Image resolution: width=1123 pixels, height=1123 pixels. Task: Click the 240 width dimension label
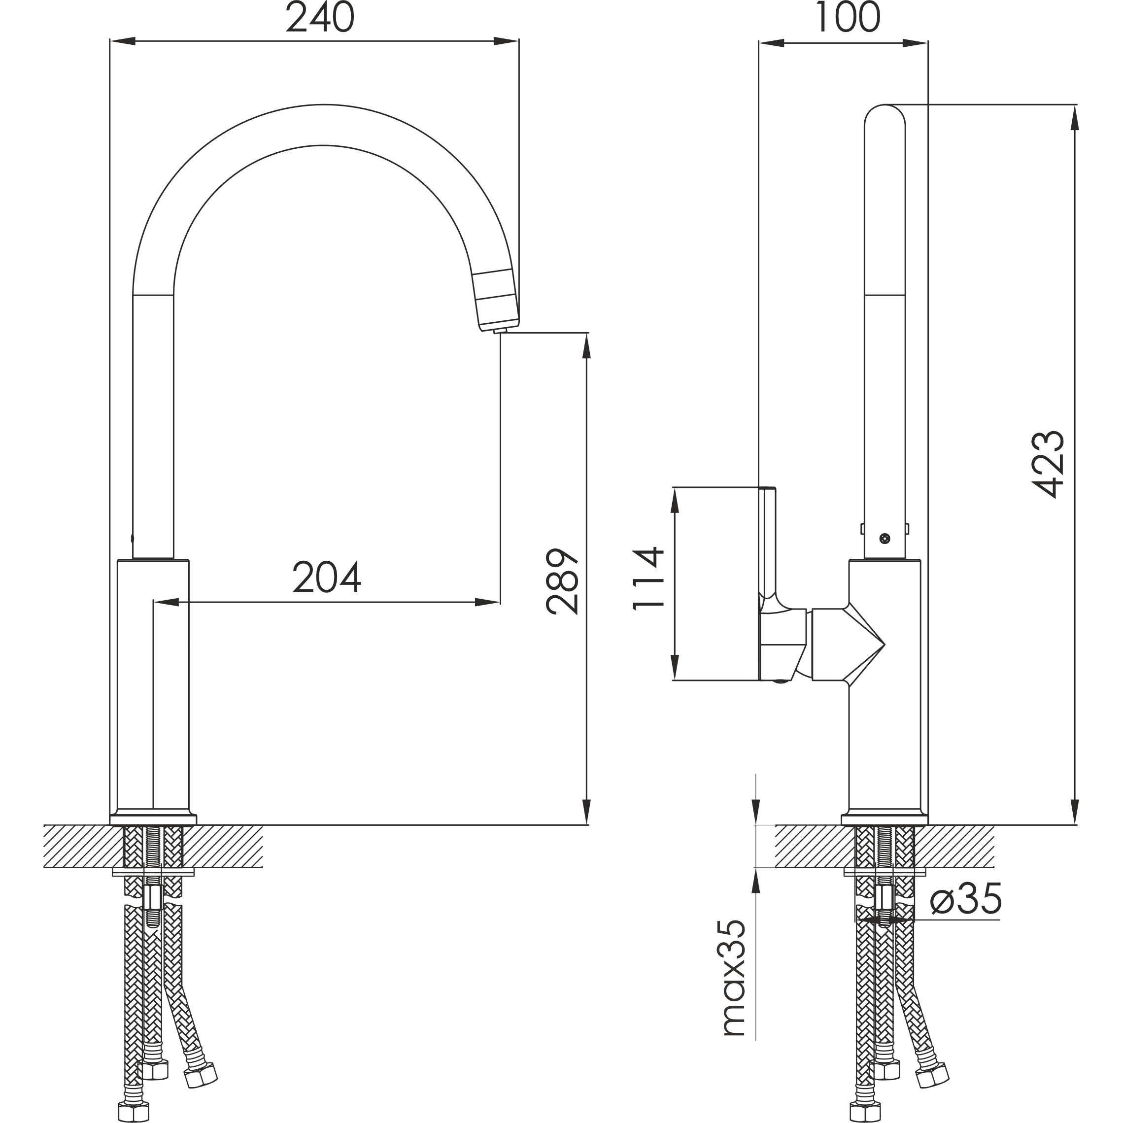coord(320,17)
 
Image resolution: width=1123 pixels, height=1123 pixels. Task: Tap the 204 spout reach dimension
coord(327,577)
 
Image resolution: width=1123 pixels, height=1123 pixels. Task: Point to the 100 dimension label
coord(848,17)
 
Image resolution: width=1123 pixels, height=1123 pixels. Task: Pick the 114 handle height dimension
coord(647,579)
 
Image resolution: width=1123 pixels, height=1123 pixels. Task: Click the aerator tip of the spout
coord(500,331)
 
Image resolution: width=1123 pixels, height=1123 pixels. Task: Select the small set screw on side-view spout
coord(885,538)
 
